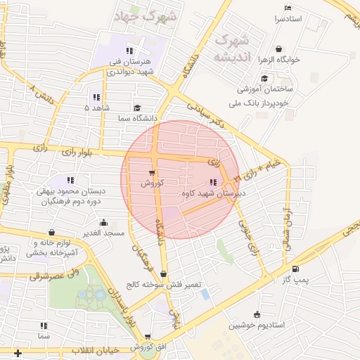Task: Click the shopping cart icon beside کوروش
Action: tap(152, 172)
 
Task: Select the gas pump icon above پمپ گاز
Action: tap(295, 269)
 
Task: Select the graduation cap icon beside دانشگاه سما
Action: tap(136, 108)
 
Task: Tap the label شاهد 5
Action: tap(97, 108)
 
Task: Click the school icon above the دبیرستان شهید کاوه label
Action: tap(213, 183)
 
